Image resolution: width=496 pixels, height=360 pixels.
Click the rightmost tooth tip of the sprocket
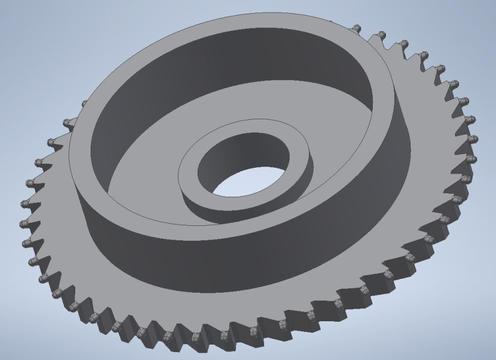tap(473, 139)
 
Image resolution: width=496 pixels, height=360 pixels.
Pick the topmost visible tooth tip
tap(356, 27)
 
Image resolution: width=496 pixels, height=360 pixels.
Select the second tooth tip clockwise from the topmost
tap(403, 43)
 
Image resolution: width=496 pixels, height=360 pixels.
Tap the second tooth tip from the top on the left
tap(66, 122)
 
